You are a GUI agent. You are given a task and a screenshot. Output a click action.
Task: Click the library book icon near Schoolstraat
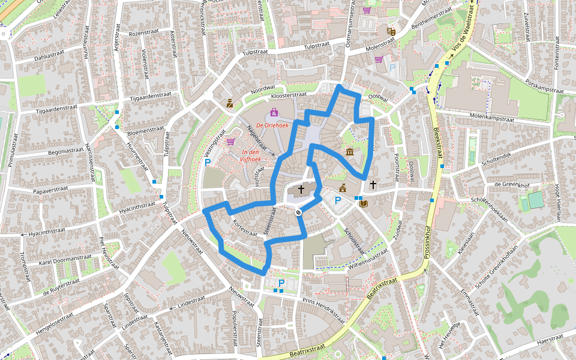pyautogui.click(x=363, y=203)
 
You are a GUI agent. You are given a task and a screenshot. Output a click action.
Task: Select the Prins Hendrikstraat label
pyautogui.click(x=325, y=307)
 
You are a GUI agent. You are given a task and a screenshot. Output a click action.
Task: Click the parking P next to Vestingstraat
pyautogui.click(x=208, y=162)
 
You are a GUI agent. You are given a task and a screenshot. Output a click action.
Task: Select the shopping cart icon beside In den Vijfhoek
pyautogui.click(x=230, y=142)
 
